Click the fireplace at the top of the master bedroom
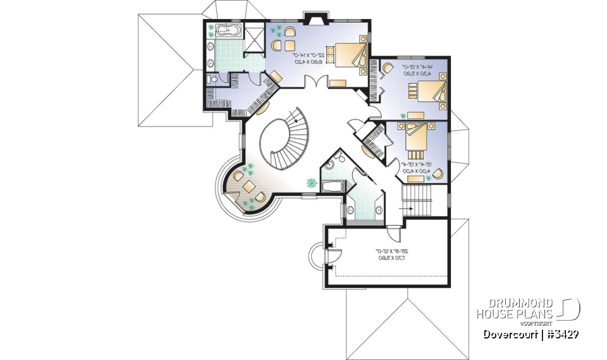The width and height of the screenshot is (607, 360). (x=314, y=17)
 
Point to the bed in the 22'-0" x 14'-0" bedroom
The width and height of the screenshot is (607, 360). (x=348, y=54)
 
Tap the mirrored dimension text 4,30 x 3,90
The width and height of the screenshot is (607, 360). (x=418, y=73)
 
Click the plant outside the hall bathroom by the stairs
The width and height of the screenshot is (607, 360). (x=312, y=183)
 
